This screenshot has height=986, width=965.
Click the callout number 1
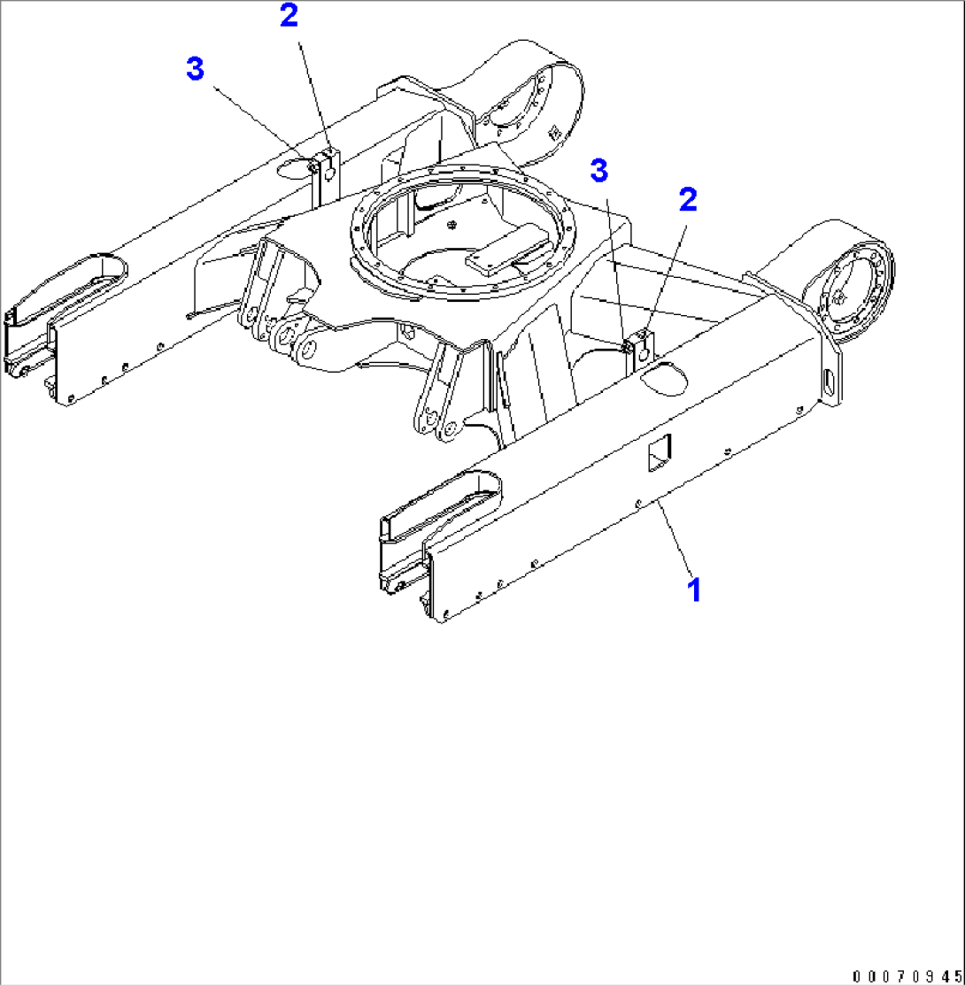point(694,589)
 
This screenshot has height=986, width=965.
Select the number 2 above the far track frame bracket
point(289,16)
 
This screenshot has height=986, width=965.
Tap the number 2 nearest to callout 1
point(688,199)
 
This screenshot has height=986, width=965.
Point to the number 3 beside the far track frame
point(196,68)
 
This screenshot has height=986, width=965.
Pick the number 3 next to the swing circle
point(599,171)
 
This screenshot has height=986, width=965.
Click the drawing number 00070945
point(907,976)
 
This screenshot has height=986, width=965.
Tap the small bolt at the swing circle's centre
point(452,225)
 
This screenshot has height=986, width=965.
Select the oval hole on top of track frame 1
point(664,379)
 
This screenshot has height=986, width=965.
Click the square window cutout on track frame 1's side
point(660,452)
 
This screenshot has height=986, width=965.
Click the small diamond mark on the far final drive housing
point(554,132)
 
